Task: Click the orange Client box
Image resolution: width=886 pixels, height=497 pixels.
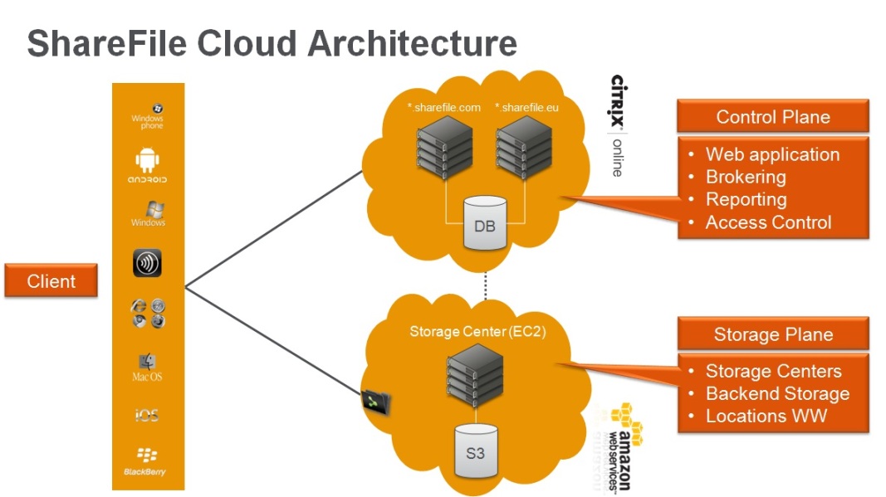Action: [x=51, y=281]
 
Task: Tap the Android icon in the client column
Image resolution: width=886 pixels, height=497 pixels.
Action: [x=147, y=163]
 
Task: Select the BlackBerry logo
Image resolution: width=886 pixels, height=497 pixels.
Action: [x=147, y=461]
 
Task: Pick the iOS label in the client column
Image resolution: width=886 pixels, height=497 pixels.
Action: [x=147, y=415]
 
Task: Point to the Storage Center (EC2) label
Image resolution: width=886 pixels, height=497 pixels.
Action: [x=477, y=332]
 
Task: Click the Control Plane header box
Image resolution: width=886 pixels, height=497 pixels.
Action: [x=773, y=117]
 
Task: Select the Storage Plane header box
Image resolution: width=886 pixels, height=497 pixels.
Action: [x=773, y=334]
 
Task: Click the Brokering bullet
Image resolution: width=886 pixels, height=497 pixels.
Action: [x=745, y=177]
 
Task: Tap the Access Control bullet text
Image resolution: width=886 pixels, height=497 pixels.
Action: [x=767, y=222]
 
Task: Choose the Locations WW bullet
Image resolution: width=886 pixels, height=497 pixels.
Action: [x=766, y=416]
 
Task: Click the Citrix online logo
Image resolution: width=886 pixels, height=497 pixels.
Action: [x=617, y=124]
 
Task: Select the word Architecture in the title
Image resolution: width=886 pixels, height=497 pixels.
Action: [x=413, y=43]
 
